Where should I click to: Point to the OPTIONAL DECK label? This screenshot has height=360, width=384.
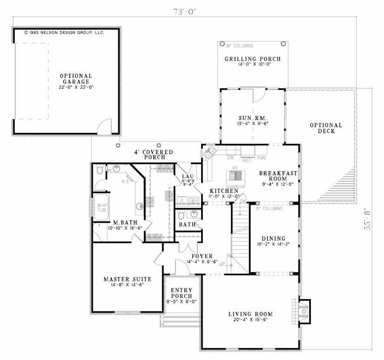(x=326, y=128)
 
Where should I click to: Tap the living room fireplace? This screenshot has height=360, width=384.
(x=303, y=310)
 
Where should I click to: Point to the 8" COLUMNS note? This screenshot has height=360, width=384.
(x=269, y=208)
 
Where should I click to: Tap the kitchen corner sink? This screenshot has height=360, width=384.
(x=209, y=151)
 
